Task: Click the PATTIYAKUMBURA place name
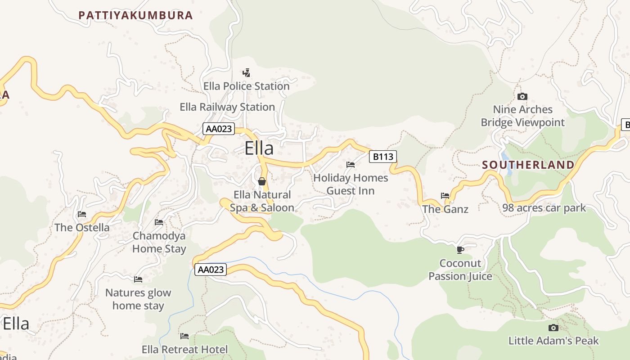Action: [x=135, y=15]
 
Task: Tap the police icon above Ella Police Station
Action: [x=246, y=72]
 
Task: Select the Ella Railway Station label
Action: [x=227, y=107]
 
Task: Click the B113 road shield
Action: [x=383, y=157]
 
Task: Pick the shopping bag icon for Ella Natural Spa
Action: [x=262, y=181]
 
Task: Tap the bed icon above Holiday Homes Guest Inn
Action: [x=351, y=165]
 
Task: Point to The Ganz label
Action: [x=445, y=209]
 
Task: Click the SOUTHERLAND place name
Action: [x=528, y=165]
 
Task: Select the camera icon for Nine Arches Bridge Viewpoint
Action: [x=522, y=96]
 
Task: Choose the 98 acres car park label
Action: [x=544, y=208]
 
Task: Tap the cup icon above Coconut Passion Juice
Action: [x=460, y=250]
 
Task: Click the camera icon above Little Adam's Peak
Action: [x=553, y=328]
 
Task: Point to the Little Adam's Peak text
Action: [x=553, y=341]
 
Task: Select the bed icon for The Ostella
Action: [x=82, y=214]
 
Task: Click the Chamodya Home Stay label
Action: [x=159, y=242]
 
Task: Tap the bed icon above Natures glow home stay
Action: [x=138, y=279]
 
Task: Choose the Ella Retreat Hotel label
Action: [x=184, y=350]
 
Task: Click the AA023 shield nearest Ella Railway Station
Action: [x=219, y=129]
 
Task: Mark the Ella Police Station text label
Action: [x=246, y=86]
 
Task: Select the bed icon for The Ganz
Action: [x=445, y=196]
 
